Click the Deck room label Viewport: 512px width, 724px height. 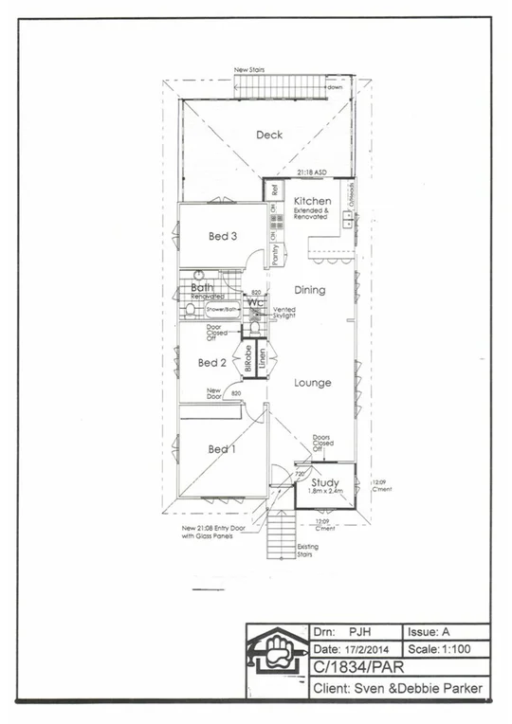(x=269, y=135)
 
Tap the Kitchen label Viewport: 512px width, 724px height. (x=312, y=201)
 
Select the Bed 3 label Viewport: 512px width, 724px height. (x=223, y=236)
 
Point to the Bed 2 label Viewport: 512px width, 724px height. (x=211, y=362)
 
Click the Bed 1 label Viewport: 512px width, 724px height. (x=222, y=449)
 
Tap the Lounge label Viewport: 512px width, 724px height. (x=312, y=383)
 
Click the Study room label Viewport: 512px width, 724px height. (x=325, y=482)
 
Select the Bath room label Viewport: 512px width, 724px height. (x=202, y=287)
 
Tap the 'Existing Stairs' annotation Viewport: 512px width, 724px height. (x=308, y=550)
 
